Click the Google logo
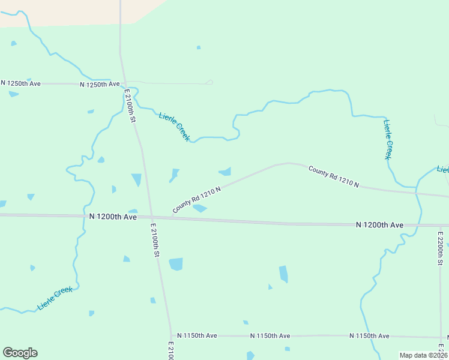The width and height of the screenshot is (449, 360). point(20,353)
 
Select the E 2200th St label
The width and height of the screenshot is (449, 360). point(440,248)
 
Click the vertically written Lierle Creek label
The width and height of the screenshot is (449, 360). point(390,139)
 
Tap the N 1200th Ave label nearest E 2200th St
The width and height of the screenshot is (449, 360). point(379,225)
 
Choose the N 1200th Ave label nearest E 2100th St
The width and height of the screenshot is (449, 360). point(113,216)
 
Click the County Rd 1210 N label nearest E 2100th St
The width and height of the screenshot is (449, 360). point(197,199)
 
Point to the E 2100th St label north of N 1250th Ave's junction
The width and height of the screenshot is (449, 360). point(130,106)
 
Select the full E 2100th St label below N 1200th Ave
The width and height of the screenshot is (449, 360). point(154,240)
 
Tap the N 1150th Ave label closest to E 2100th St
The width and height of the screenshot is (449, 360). point(194,335)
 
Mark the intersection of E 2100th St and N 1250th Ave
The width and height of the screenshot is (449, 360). point(125,83)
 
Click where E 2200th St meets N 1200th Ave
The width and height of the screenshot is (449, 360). point(441,226)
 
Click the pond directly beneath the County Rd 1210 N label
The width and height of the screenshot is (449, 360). point(200,209)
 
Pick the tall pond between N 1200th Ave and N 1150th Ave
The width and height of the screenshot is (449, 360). point(283,274)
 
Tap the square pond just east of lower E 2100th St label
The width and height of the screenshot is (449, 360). point(176,264)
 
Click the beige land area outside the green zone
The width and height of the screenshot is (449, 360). point(60,12)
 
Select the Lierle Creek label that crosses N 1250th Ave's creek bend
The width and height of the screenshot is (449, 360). point(174,127)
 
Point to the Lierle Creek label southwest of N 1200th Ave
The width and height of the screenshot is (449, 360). point(55,298)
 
